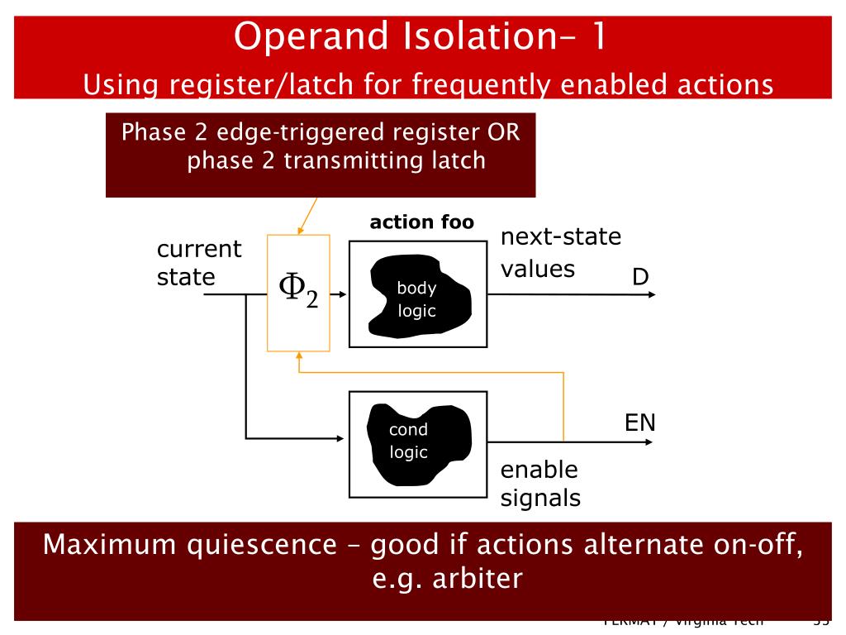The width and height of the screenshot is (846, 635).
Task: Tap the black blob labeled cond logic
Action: [417, 443]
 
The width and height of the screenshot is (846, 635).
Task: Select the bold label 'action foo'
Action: [422, 222]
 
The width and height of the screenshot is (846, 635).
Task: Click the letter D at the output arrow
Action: [640, 278]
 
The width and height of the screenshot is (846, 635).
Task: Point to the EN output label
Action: [639, 423]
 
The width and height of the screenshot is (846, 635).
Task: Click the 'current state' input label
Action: [198, 263]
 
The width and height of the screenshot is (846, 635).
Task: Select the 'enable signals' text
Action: [540, 484]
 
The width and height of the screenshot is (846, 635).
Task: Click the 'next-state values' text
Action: [560, 252]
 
